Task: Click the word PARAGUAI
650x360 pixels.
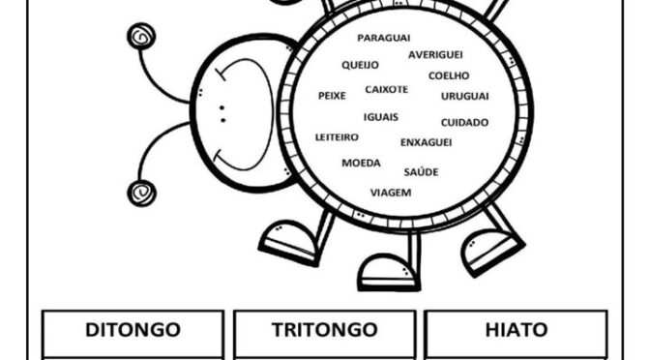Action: pos(384,38)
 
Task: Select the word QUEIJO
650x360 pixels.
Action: pos(360,66)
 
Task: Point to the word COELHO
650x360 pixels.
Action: pos(449,75)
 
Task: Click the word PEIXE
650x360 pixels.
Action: pos(332,96)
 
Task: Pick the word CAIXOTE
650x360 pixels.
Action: pos(386,89)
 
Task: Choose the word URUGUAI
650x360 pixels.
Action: pos(464,96)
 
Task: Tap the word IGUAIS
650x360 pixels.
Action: pos(382,116)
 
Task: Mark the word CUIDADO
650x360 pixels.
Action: pos(464,123)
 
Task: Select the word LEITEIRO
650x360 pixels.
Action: pos(337,137)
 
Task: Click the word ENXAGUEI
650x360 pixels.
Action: pos(426,142)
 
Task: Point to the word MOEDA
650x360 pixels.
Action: pos(361,163)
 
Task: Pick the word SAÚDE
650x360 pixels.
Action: pos(421,172)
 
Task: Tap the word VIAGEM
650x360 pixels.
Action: pos(391,192)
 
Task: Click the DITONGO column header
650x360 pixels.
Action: pos(133,330)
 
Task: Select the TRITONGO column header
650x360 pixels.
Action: pos(324,330)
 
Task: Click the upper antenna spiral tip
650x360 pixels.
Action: pos(141,38)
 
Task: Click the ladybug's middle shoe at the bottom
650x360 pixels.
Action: pos(388,272)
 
